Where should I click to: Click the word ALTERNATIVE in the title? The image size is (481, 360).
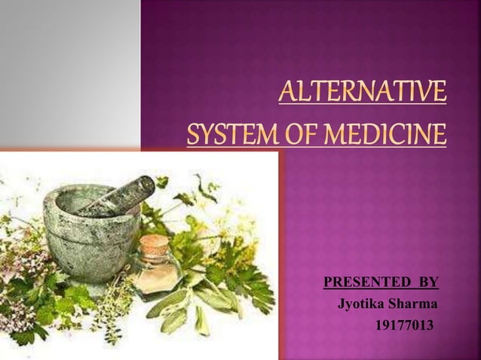pyautogui.click(x=362, y=94)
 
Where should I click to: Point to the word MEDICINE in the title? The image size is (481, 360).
pyautogui.click(x=377, y=136)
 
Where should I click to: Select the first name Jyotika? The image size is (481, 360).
pyautogui.click(x=362, y=305)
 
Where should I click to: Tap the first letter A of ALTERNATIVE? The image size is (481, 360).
pyautogui.click(x=287, y=94)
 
